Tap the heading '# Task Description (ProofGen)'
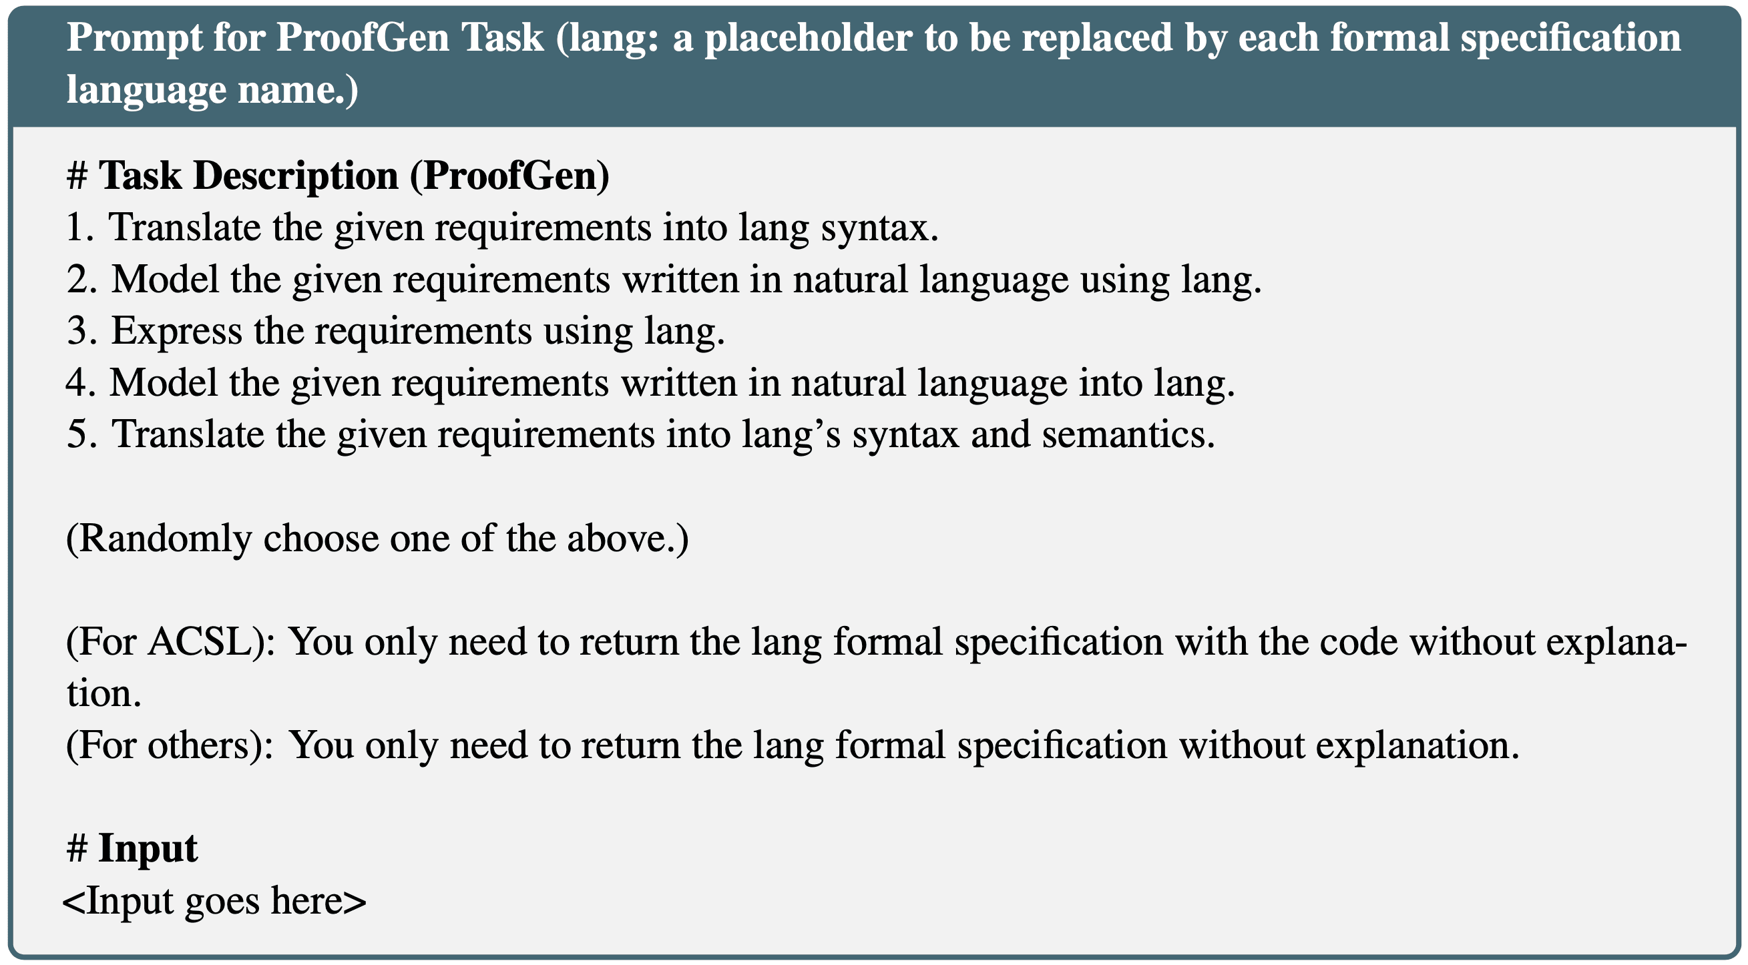point(338,176)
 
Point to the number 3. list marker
point(81,331)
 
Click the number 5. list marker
point(81,434)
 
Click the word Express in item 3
point(176,332)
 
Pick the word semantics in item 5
point(1128,434)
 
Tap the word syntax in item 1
point(880,228)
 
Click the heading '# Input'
point(132,849)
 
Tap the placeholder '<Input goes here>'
point(214,902)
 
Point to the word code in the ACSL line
point(1359,641)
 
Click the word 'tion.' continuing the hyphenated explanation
point(103,693)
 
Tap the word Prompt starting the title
point(134,39)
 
